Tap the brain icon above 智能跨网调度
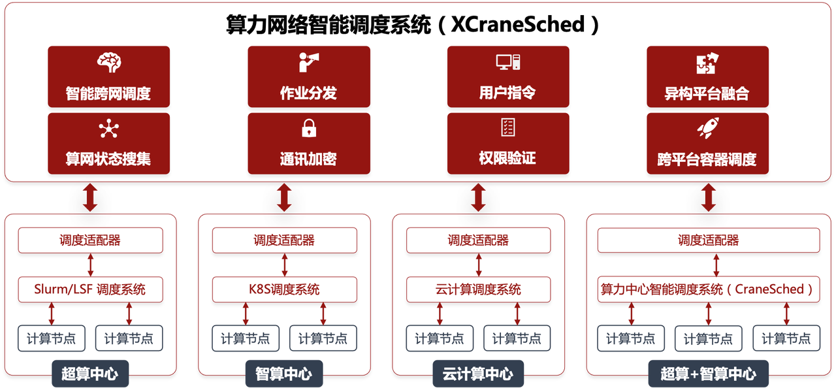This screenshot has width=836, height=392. click(x=109, y=63)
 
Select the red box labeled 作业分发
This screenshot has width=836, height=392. click(x=308, y=76)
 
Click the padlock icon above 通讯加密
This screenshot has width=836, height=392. click(x=309, y=128)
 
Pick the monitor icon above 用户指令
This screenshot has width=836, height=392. click(x=507, y=62)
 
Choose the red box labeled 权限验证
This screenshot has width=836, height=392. click(x=507, y=144)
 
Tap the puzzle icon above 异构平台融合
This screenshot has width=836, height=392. click(x=707, y=63)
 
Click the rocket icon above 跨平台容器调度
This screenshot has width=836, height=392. click(x=707, y=128)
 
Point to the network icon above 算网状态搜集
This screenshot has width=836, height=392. click(x=108, y=129)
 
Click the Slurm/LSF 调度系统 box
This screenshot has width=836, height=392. click(x=90, y=289)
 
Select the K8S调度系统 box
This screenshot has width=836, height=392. click(x=285, y=289)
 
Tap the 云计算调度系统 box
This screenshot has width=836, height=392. click(x=478, y=289)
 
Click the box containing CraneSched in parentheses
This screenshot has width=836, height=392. click(x=709, y=289)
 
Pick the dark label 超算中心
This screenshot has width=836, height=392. click(x=90, y=374)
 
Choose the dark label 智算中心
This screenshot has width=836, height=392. click(x=283, y=374)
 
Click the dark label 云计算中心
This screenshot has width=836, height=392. click(x=478, y=374)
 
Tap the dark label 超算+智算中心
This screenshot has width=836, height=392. click(x=709, y=374)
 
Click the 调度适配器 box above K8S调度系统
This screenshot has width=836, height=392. click(x=285, y=240)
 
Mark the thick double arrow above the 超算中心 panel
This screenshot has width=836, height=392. click(x=90, y=197)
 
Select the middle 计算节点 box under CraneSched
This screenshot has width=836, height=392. click(x=709, y=338)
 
